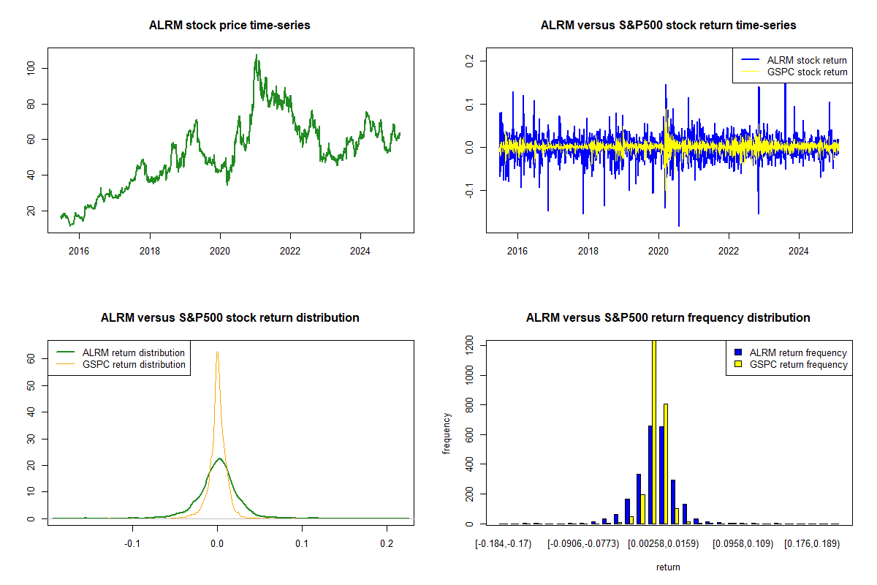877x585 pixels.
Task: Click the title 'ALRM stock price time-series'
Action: pyautogui.click(x=229, y=25)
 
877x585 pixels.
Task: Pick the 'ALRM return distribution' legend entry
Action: pyautogui.click(x=121, y=352)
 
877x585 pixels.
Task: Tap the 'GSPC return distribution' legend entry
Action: pyautogui.click(x=121, y=364)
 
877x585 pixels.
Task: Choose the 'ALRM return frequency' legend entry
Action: pyautogui.click(x=791, y=352)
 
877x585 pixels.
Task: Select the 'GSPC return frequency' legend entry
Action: pyautogui.click(x=791, y=364)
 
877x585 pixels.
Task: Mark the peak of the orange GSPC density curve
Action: pyautogui.click(x=217, y=352)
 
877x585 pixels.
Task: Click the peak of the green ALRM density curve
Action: pyautogui.click(x=220, y=458)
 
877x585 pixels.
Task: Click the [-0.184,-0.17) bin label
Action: pyautogui.click(x=504, y=544)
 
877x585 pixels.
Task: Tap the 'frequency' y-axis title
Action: pyautogui.click(x=446, y=433)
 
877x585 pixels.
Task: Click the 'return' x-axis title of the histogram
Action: pyautogui.click(x=668, y=567)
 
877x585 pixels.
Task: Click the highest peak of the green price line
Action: pyautogui.click(x=257, y=55)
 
